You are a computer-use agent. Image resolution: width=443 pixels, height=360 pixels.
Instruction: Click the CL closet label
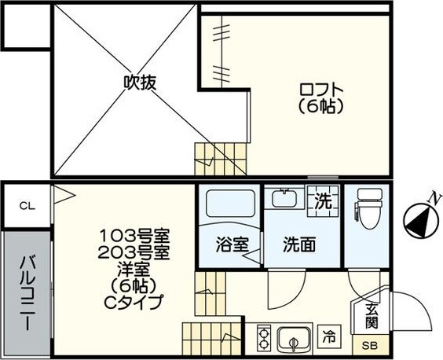[x=27, y=206]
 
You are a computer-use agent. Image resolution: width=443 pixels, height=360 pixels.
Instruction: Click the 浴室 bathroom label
[x=232, y=244]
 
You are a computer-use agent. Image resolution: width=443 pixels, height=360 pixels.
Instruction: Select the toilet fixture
[x=368, y=206]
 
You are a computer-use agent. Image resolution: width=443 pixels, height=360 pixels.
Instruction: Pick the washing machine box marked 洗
[x=323, y=201]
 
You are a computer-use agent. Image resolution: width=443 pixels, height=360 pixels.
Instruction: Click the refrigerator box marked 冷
[x=331, y=339]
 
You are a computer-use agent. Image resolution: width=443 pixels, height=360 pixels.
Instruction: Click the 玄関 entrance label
[x=370, y=316]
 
